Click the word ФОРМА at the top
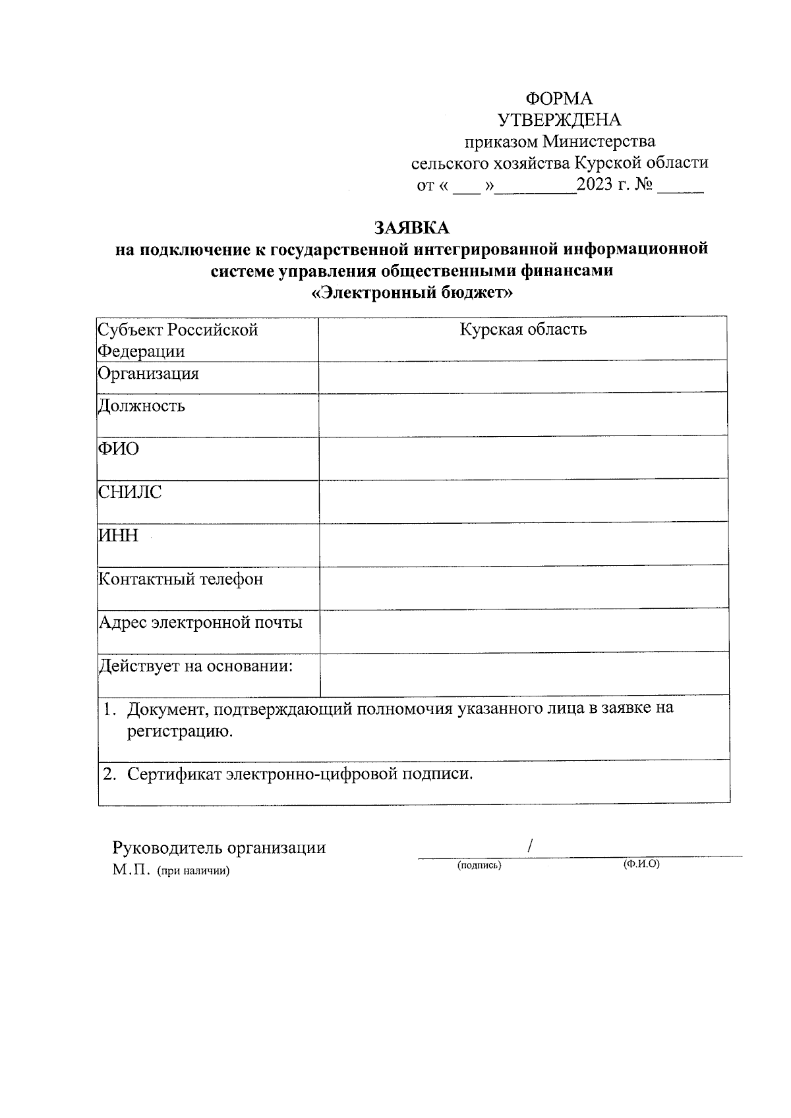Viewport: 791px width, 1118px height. tap(558, 99)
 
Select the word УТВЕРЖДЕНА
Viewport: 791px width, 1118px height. tap(559, 120)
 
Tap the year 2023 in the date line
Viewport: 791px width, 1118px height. tap(595, 185)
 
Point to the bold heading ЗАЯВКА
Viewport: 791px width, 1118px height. tap(411, 228)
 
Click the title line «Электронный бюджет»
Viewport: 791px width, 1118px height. tap(411, 293)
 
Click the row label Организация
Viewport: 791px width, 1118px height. tap(148, 374)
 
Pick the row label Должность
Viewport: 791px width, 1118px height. tap(142, 406)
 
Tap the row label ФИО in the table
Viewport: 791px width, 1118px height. tap(119, 449)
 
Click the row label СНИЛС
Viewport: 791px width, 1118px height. tap(130, 492)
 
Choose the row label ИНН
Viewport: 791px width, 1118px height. tap(119, 535)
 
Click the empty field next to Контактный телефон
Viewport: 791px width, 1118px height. tap(523, 586)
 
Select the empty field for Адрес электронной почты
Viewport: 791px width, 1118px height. tap(523, 630)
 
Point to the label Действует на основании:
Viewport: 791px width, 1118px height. tap(196, 666)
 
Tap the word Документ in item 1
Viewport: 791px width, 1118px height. tap(168, 710)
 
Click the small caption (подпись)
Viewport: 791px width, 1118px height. tap(479, 866)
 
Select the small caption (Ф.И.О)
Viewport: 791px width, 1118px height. tap(641, 864)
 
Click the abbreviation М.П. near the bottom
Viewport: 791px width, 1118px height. tap(132, 870)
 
